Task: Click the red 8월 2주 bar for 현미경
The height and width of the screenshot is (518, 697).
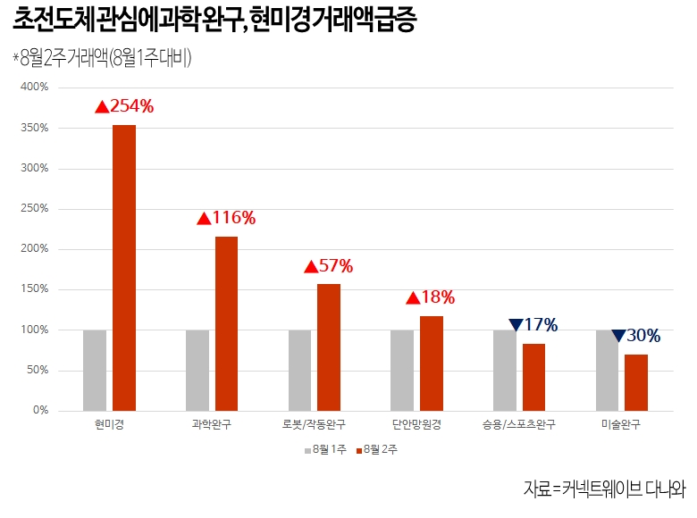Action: [x=124, y=268]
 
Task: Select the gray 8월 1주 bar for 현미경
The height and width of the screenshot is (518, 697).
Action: [x=95, y=370]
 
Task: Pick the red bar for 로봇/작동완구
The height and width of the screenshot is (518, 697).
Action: [x=329, y=347]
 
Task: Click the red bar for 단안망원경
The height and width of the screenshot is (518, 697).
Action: [x=432, y=363]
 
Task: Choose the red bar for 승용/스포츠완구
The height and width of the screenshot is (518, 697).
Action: [x=533, y=377]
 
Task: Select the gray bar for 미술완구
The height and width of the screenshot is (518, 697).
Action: [x=607, y=370]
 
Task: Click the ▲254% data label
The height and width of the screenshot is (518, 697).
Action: [x=124, y=106]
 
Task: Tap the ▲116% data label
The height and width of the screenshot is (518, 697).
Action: [x=226, y=218]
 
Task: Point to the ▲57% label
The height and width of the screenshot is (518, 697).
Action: [x=329, y=266]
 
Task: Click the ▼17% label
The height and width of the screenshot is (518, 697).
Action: [x=533, y=325]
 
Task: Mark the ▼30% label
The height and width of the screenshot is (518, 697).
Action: [x=636, y=336]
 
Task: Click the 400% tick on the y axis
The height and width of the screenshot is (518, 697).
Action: [x=34, y=88]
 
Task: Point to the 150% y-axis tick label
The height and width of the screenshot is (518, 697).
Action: [x=34, y=289]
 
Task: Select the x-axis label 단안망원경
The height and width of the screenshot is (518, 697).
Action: [x=416, y=424]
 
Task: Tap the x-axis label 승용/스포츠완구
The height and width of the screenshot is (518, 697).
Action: [x=518, y=424]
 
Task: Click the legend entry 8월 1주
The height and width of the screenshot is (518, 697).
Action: [x=325, y=450]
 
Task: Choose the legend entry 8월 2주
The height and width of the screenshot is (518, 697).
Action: [x=376, y=450]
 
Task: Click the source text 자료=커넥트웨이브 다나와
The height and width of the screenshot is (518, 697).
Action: [x=604, y=489]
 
